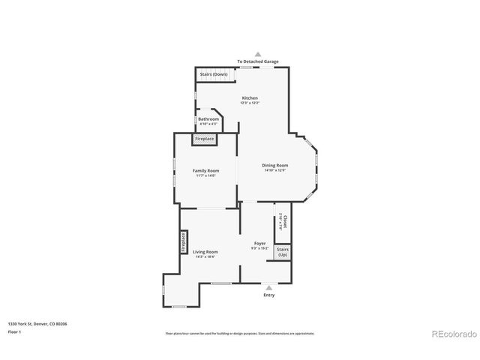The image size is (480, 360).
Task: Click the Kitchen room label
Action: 250,98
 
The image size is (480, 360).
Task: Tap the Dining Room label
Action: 275,165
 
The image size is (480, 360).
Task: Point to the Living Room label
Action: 205,251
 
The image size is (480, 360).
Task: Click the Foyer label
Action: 260,243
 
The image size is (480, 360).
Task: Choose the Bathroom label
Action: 208,118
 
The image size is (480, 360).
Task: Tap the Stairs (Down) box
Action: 214,74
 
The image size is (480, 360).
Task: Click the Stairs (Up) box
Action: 283,252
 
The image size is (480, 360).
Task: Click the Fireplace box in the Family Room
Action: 205,139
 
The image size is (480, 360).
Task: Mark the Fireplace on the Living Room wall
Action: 182,243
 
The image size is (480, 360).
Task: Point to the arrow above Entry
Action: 268,286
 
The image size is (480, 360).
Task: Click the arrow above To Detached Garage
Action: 257,54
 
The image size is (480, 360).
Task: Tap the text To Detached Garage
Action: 257,61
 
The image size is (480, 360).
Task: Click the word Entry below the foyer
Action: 268,295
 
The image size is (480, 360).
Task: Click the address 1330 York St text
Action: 37,323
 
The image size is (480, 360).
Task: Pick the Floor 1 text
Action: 15,331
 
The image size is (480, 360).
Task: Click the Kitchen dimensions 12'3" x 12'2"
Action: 250,103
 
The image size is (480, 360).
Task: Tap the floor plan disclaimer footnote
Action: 240,333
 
